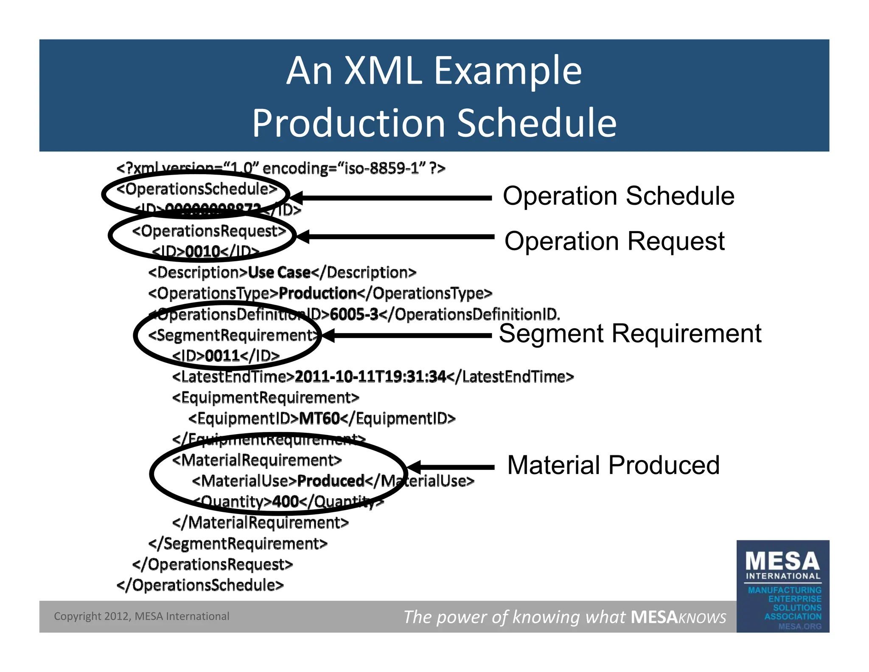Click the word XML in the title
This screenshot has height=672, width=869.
(x=383, y=71)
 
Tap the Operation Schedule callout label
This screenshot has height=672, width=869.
(x=618, y=196)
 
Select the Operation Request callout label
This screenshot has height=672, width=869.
(x=614, y=241)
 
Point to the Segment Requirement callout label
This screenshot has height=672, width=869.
(x=630, y=333)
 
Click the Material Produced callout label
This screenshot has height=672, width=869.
(x=613, y=465)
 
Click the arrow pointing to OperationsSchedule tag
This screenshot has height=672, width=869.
(x=390, y=198)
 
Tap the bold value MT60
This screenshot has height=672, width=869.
(x=319, y=418)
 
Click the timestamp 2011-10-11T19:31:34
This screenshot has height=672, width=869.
(x=370, y=376)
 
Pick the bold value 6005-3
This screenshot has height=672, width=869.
(x=353, y=314)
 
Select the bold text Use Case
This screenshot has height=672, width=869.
(x=279, y=272)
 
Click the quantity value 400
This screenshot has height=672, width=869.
(x=286, y=502)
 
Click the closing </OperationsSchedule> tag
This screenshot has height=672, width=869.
(x=200, y=585)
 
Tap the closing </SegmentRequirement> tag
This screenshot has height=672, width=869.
(x=238, y=543)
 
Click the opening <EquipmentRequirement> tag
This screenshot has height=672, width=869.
(x=266, y=398)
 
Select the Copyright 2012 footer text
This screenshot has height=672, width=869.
(x=141, y=616)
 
